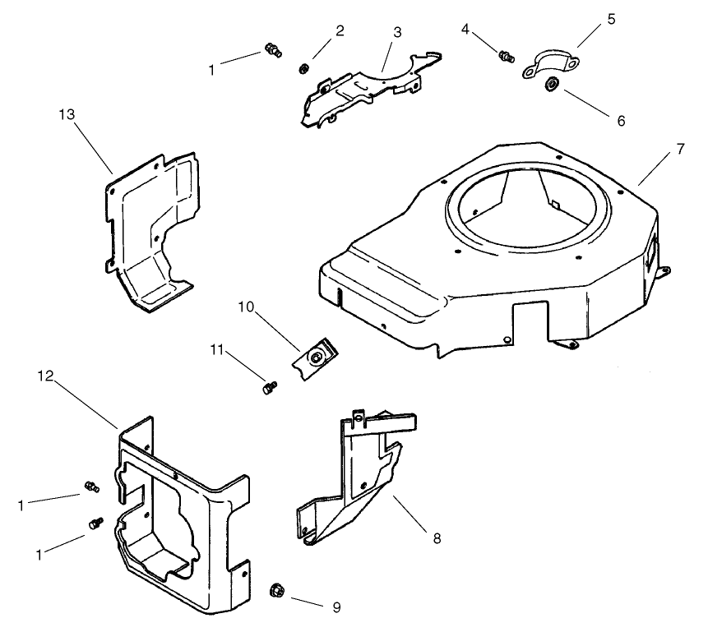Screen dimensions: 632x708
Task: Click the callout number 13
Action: click(x=67, y=113)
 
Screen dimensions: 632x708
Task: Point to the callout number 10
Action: click(x=247, y=309)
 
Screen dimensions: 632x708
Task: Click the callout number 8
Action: click(x=437, y=539)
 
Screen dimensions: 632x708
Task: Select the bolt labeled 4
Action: click(x=506, y=56)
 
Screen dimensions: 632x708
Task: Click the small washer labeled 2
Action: click(x=304, y=68)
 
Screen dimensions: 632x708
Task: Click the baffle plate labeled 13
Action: click(x=152, y=222)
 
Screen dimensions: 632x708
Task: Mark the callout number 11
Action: click(x=217, y=351)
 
